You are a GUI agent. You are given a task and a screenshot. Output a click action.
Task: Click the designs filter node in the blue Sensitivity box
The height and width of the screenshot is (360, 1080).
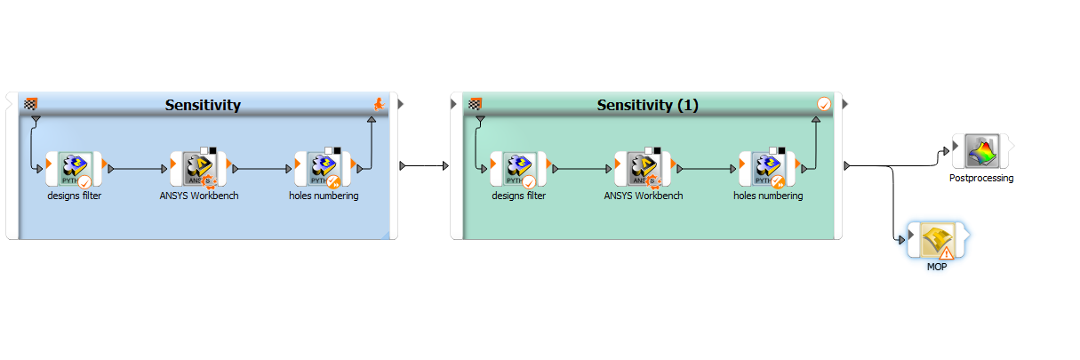[74, 168]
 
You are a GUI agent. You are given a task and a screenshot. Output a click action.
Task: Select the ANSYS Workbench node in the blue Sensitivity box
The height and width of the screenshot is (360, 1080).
[198, 168]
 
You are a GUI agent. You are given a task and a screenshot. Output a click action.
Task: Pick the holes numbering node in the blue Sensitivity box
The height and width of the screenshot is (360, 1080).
[323, 168]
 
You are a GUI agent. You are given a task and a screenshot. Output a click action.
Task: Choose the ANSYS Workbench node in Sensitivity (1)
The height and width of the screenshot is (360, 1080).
[643, 168]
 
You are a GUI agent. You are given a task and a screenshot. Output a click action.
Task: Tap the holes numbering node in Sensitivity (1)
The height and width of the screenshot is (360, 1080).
[767, 168]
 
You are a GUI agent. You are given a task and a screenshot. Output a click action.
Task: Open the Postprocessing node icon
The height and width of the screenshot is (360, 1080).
[980, 151]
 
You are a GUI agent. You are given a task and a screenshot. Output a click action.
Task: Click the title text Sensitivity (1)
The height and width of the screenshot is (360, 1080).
[647, 105]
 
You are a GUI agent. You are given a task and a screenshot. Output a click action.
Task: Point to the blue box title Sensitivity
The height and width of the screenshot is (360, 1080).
[203, 105]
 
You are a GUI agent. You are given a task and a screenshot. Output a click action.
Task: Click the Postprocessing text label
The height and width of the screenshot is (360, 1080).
[981, 178]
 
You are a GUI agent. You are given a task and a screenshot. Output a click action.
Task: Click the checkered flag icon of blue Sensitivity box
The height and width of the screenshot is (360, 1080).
[31, 103]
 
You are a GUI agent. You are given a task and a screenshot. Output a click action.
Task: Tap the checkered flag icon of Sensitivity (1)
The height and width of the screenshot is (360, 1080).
[476, 103]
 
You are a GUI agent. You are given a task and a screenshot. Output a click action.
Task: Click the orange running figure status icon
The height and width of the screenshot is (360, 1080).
[380, 105]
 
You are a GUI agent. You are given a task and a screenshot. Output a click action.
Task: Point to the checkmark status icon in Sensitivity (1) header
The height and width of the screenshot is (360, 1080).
[824, 105]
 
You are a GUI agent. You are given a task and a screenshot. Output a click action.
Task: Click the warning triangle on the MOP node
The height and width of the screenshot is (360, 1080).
[947, 252]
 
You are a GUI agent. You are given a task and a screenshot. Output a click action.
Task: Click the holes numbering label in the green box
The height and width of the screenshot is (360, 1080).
[768, 196]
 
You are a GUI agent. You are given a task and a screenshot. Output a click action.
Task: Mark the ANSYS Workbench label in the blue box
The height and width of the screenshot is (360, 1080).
[199, 196]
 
